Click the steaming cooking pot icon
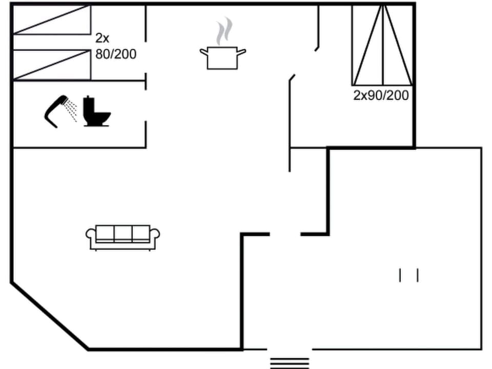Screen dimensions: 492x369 click(x=222, y=56)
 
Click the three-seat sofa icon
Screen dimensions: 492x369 click(x=123, y=237)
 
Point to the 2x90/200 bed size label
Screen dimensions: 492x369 click(x=381, y=95)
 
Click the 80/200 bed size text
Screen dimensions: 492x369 click(x=116, y=54)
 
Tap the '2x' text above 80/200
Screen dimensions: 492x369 click(x=102, y=38)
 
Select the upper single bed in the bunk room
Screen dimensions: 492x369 click(x=51, y=20)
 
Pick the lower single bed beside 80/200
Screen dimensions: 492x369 click(x=51, y=65)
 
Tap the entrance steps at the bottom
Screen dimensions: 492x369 click(x=290, y=362)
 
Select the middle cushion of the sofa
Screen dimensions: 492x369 click(x=123, y=234)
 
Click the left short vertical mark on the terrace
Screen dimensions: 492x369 click(x=400, y=275)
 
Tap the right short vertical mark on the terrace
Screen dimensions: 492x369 click(x=418, y=275)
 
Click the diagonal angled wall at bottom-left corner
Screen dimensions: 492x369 click(x=49, y=316)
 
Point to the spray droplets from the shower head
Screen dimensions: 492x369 click(x=72, y=110)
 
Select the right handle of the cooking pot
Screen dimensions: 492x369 click(x=242, y=51)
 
